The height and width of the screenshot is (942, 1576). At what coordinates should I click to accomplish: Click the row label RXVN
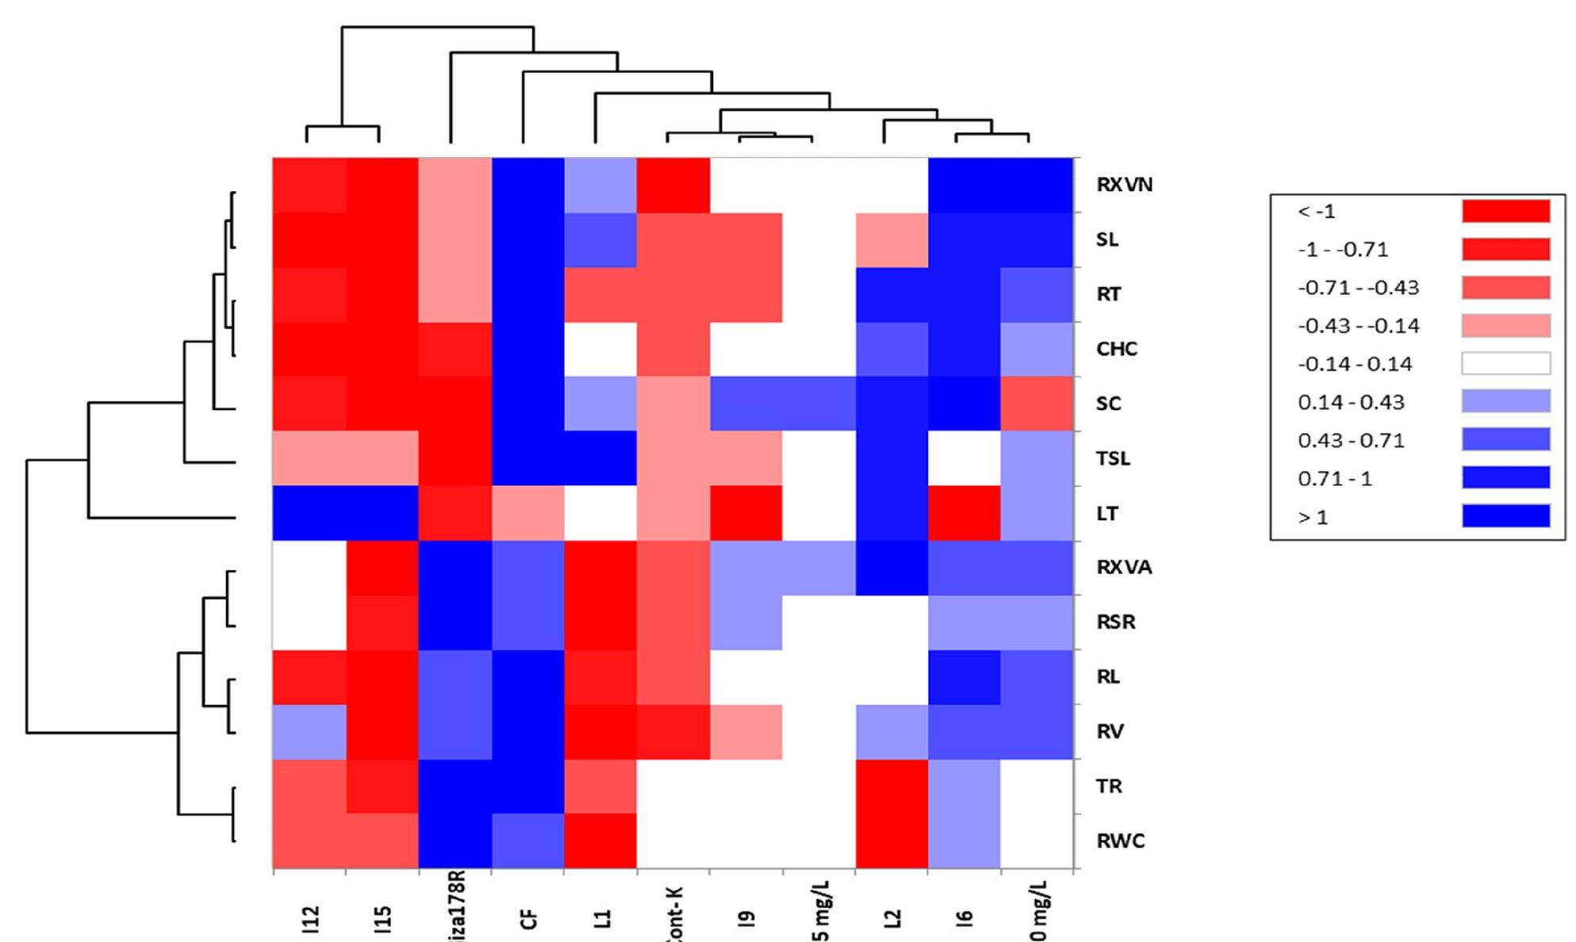coord(1123,185)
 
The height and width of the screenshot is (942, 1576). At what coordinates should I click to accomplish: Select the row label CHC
coord(1116,349)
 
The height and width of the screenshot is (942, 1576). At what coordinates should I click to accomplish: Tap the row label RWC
coord(1120,841)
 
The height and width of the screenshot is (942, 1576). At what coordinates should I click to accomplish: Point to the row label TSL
coord(1112,458)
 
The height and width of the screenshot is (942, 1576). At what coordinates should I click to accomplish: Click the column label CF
coord(529,918)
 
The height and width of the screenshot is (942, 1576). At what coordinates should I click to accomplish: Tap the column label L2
coord(893,918)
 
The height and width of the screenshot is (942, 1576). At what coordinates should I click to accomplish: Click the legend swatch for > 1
coord(1505,516)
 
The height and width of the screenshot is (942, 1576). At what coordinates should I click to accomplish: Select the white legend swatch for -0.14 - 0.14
coord(1505,363)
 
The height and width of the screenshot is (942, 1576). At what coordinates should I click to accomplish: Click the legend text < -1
coord(1317,212)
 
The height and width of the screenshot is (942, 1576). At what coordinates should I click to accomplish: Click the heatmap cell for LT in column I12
coord(309,513)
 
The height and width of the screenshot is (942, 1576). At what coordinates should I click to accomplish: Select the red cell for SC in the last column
coord(1037,404)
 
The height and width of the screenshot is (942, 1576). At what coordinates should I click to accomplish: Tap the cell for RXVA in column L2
coord(892,568)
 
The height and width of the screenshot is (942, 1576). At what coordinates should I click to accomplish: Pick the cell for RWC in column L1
coord(600,841)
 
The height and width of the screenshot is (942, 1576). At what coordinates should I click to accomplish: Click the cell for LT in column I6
coord(964,513)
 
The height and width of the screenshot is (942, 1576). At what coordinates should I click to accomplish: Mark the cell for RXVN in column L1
coord(600,186)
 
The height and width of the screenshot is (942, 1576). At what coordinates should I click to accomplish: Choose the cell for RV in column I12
coord(309,732)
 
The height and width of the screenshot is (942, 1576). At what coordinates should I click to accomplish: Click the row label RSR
coord(1115,622)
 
